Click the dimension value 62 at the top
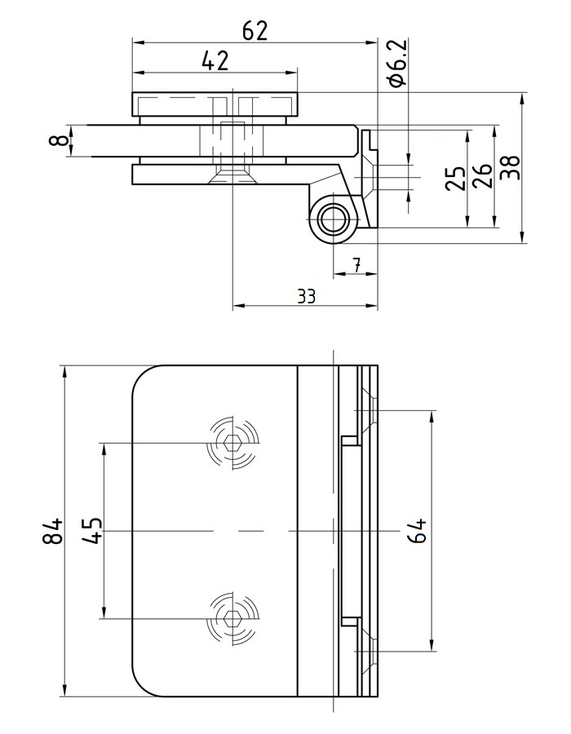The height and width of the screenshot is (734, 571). pos(255,31)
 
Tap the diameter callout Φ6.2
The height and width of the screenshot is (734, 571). pos(398,62)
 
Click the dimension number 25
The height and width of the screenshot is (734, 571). pos(456,178)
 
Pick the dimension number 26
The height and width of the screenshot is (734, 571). pos(482,175)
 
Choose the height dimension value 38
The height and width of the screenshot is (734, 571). pos(510,167)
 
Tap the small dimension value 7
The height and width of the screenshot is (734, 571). pos(356,265)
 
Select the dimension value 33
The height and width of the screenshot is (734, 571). pos(307,296)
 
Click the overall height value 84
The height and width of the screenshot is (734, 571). pos(52,530)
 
